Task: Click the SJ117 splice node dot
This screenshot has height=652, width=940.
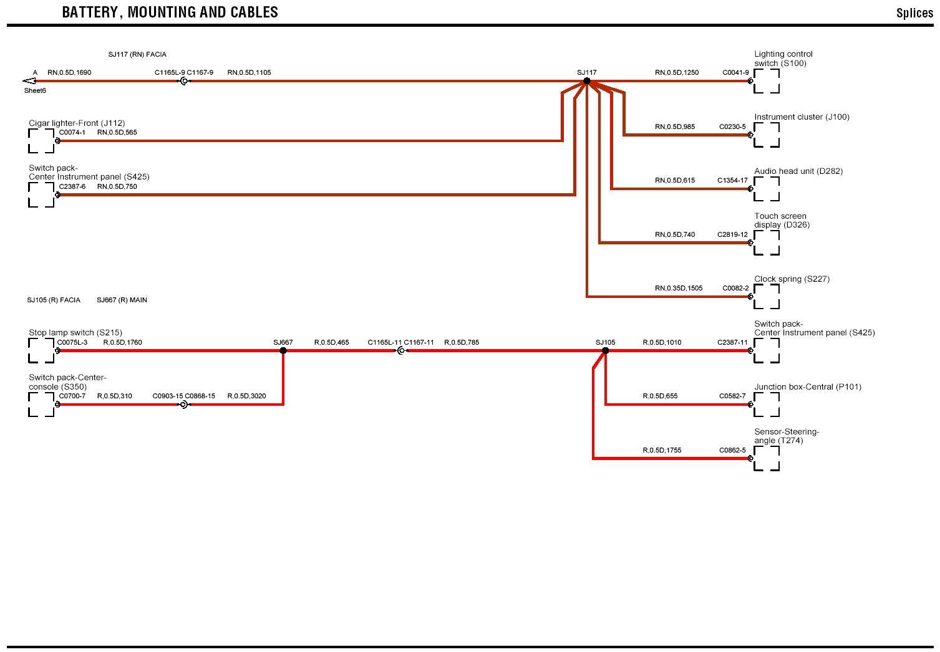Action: coord(587,81)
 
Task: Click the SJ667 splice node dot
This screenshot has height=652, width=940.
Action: coord(283,350)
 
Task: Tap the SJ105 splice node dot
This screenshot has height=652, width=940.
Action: coord(605,350)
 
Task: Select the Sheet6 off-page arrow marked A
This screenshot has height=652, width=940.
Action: coord(29,81)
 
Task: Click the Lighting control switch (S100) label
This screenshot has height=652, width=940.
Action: coord(783,59)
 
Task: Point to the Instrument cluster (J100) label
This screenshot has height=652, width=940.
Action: coord(802,117)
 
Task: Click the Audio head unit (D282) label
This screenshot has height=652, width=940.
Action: coord(798,171)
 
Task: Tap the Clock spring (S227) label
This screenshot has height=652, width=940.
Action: coord(792,279)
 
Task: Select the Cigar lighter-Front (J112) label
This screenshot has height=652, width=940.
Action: coord(77,123)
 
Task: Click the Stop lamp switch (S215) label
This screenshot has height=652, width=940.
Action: coord(75,333)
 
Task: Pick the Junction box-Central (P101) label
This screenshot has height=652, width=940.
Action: coord(808,387)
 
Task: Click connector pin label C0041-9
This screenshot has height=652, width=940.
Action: coord(735,73)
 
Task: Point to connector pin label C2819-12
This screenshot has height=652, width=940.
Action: coord(732,235)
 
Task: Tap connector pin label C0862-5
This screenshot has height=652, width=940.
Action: coord(732,451)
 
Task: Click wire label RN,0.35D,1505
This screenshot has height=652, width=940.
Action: coord(679,289)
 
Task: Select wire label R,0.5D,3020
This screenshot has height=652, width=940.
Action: coord(246,396)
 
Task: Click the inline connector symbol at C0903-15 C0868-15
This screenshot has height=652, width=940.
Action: coord(183,405)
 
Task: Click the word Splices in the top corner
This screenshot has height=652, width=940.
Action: coord(914,13)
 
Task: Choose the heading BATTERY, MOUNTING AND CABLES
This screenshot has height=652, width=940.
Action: coord(170,12)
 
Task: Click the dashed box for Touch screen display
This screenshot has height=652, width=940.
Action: coord(767,243)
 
